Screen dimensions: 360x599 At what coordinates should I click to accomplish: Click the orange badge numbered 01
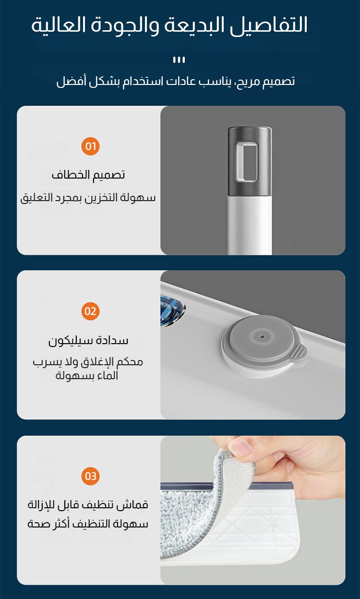tap(90, 146)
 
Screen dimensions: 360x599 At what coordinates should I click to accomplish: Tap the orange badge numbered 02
tap(90, 311)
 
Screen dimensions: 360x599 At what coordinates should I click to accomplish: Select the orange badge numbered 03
tap(90, 476)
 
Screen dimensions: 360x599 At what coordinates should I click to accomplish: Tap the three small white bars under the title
tap(179, 60)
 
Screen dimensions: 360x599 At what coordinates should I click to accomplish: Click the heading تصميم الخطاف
tap(88, 175)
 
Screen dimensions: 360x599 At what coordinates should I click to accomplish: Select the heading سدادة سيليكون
tap(88, 341)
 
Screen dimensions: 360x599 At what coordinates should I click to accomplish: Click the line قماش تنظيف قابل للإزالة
tap(88, 505)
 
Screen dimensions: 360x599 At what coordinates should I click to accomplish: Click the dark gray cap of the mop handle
tap(250, 161)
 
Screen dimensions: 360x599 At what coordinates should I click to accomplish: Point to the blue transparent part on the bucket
tap(172, 310)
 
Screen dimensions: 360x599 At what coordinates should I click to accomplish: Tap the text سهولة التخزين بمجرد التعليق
tap(88, 198)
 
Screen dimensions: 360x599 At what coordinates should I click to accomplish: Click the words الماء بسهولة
tap(87, 376)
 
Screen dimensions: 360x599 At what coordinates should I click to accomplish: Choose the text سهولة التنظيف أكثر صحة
tap(88, 524)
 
